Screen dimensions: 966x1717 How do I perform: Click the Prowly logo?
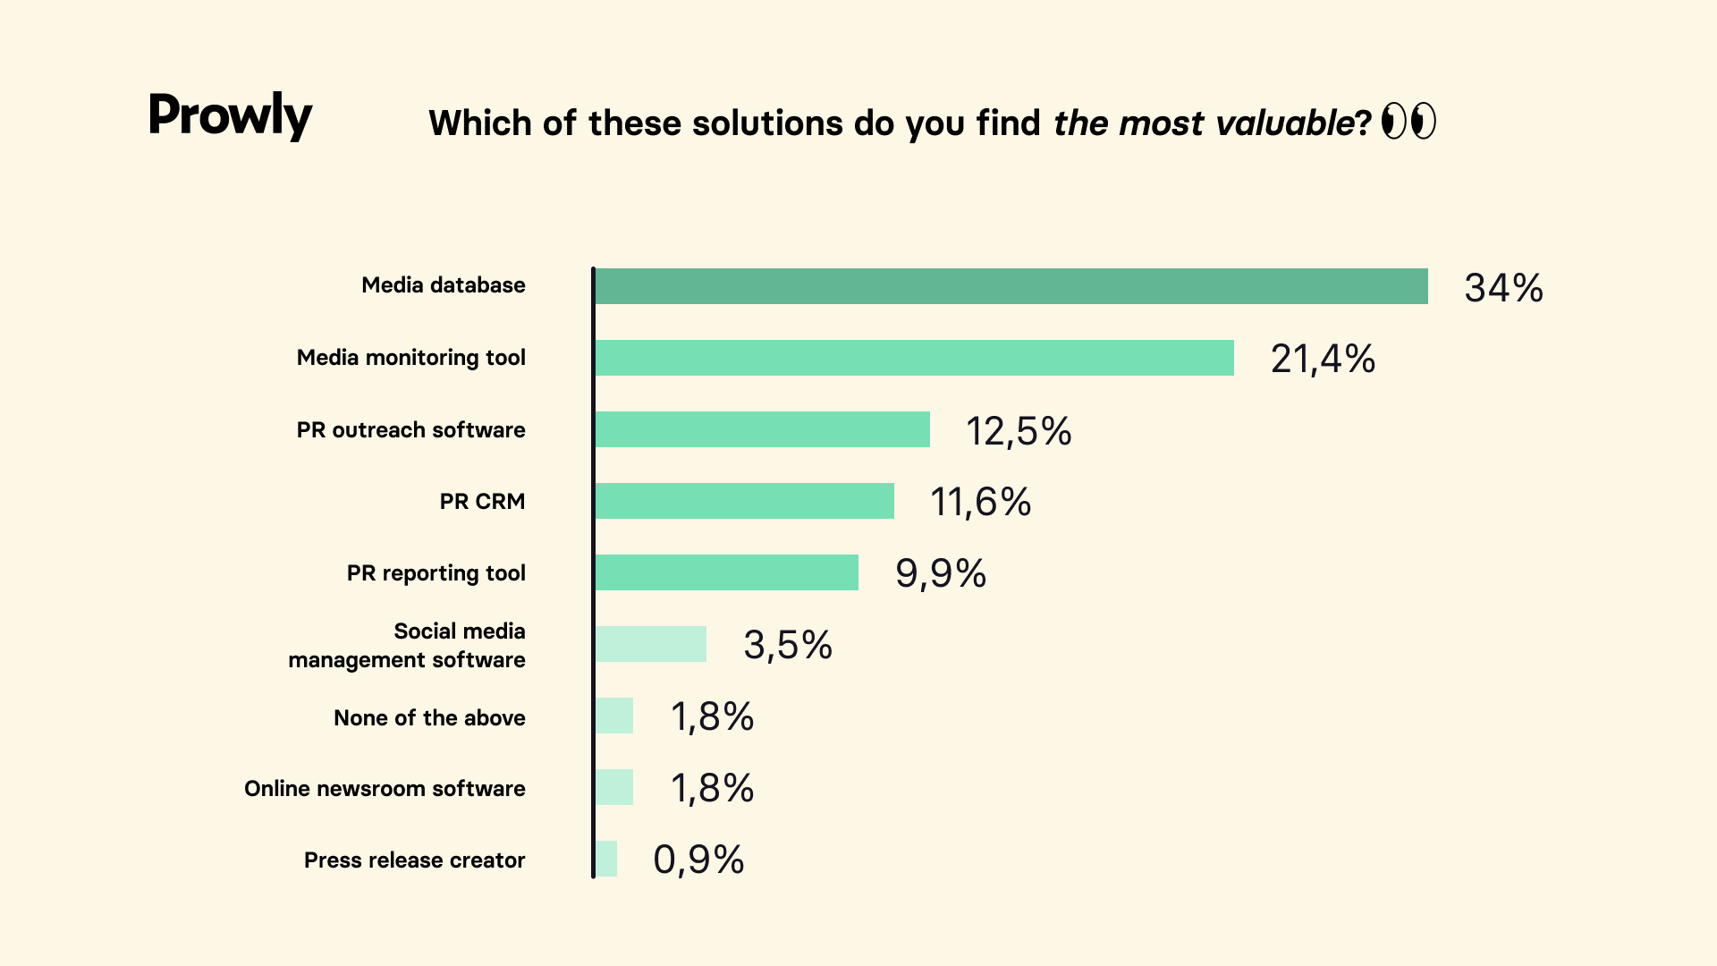pos(230,115)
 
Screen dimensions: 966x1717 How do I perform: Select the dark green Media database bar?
pos(1011,286)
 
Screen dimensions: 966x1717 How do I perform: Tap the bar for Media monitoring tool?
pos(914,358)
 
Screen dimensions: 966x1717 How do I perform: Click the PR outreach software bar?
pos(762,429)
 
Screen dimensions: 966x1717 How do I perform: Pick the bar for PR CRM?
pos(744,501)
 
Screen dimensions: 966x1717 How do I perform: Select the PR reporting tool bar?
pos(726,572)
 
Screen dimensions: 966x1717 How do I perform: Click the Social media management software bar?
pos(650,644)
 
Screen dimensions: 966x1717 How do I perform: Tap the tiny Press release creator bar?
pos(606,859)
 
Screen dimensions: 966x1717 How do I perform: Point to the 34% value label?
pos(1503,288)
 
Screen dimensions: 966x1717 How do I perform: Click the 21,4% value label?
pos(1323,359)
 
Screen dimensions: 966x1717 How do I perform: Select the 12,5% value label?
pos(1019,431)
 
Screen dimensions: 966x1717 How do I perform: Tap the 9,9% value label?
pos(941,573)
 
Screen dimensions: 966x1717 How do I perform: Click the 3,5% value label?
pos(788,645)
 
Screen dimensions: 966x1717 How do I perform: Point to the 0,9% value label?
pos(698,860)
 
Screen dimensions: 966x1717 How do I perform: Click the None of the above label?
pos(429,717)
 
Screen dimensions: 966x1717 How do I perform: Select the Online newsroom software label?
pos(385,788)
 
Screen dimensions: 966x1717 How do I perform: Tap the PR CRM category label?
pos(482,501)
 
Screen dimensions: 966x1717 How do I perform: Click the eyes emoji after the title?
pos(1408,121)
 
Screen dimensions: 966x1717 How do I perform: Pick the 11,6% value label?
pos(980,502)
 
